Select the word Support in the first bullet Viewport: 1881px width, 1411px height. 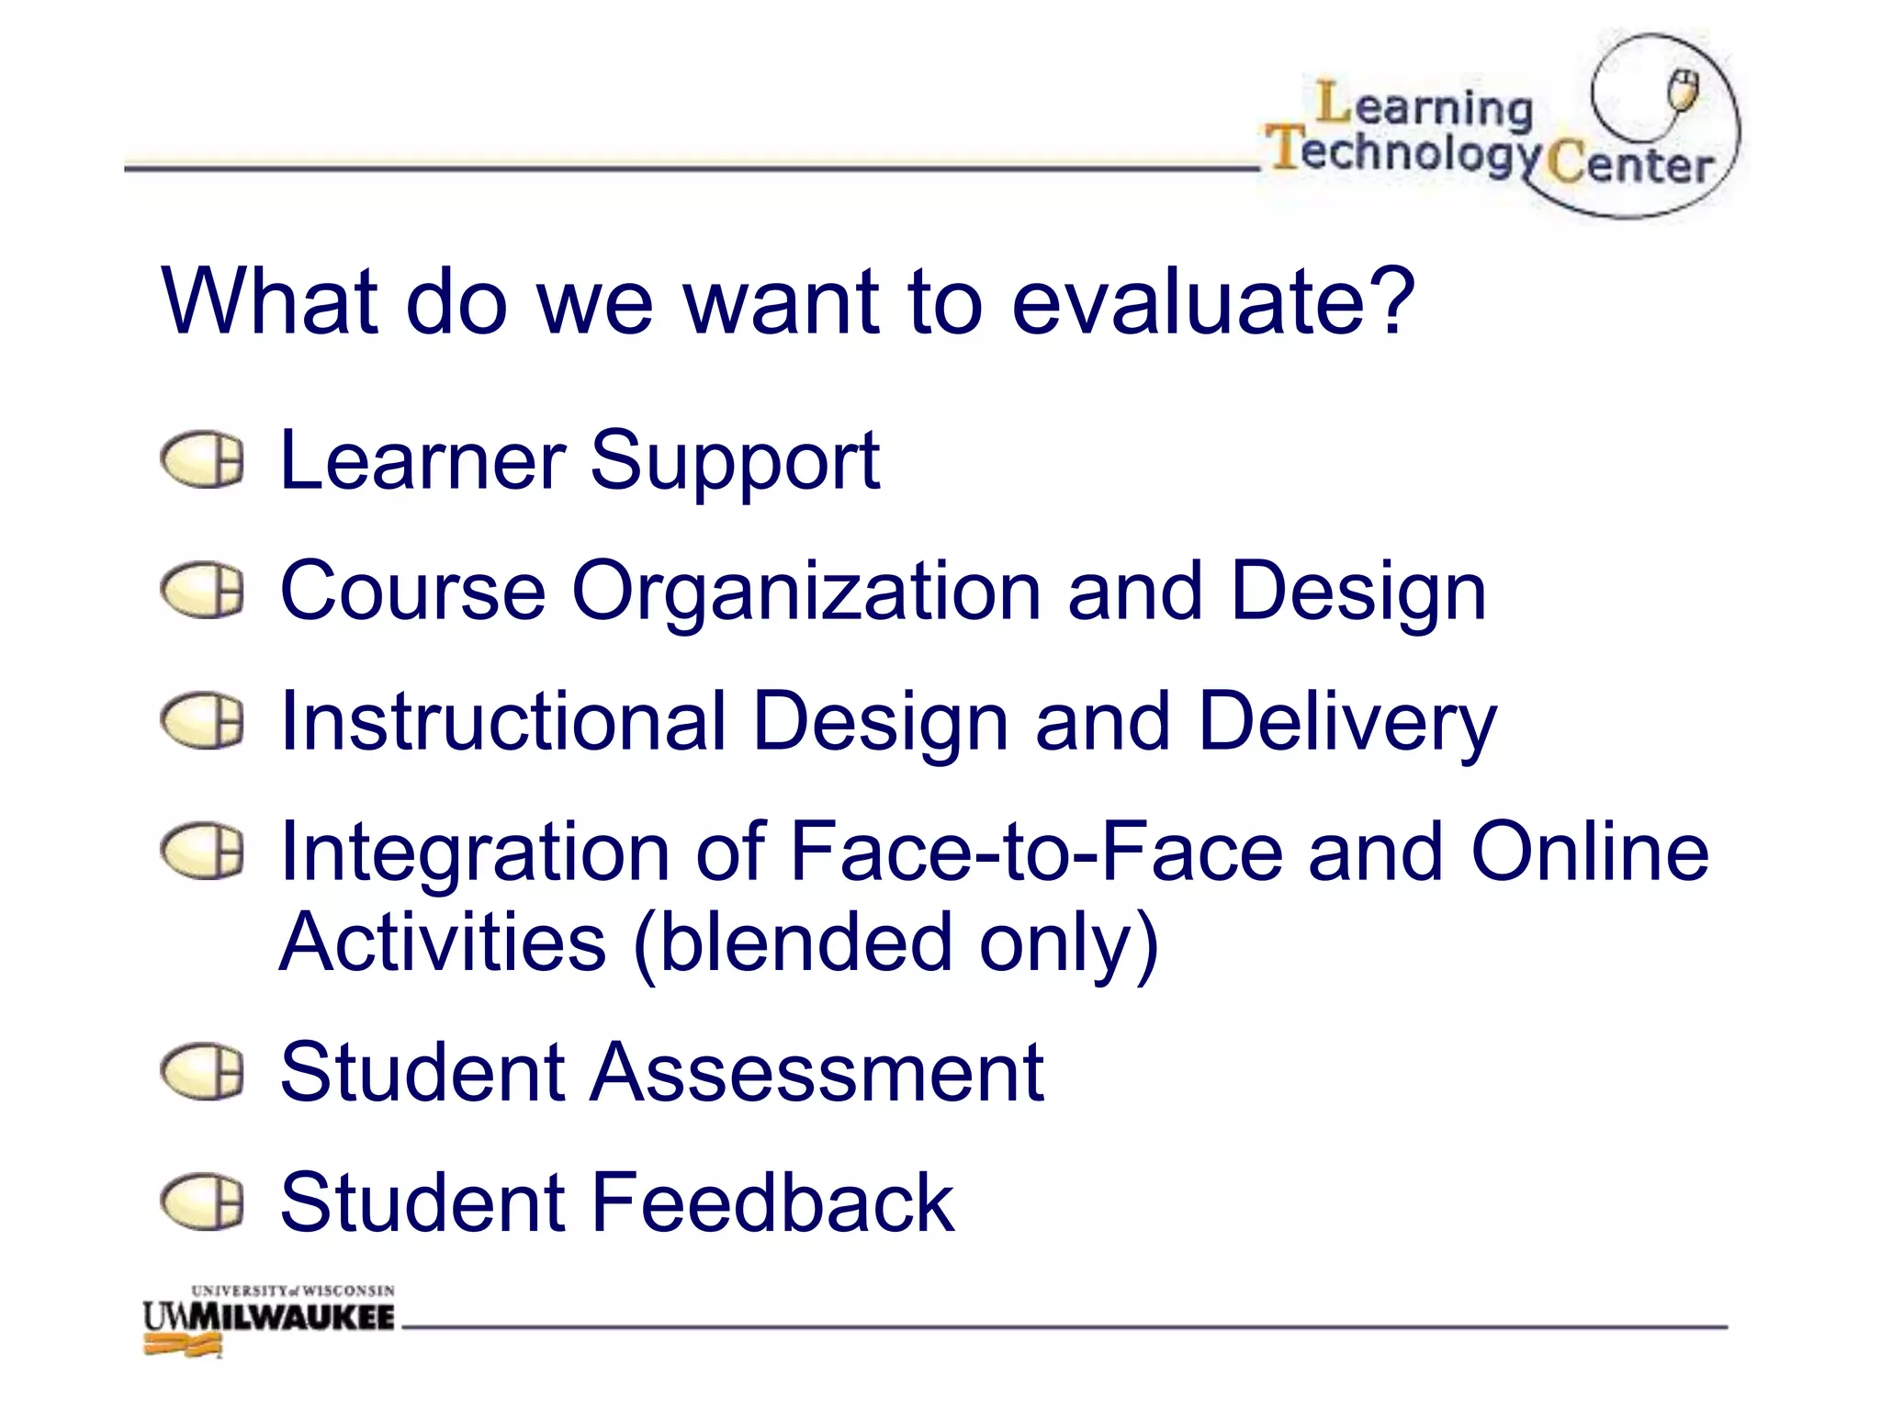pos(734,462)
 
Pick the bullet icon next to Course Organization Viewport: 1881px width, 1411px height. pos(202,590)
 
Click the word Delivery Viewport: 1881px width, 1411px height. pos(1347,724)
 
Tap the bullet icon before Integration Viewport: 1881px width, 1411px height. pos(202,851)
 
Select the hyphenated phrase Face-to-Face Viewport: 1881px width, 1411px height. pos(1035,852)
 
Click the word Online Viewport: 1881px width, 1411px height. pos(1590,852)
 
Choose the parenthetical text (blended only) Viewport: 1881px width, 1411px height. pos(896,943)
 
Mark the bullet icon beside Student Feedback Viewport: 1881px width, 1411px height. pos(202,1202)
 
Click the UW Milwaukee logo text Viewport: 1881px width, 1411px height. pos(268,1317)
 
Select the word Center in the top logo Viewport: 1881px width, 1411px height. pos(1630,165)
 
